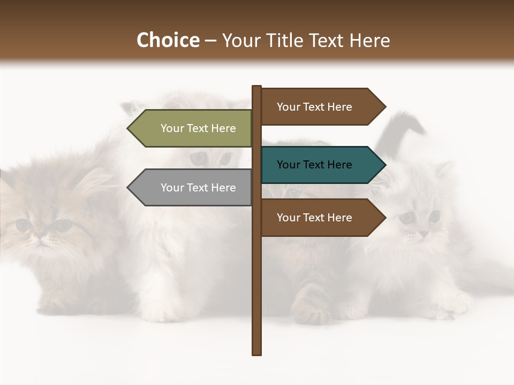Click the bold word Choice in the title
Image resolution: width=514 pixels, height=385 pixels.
click(x=168, y=40)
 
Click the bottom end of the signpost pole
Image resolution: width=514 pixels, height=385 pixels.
click(x=257, y=353)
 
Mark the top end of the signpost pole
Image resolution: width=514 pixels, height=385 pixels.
click(x=257, y=87)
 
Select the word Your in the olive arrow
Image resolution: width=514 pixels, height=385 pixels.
click(x=172, y=128)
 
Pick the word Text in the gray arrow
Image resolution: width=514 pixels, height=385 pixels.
click(x=198, y=188)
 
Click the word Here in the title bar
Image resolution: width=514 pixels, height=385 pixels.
click(x=369, y=40)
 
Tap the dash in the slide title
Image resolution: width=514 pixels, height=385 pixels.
click(x=210, y=41)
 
